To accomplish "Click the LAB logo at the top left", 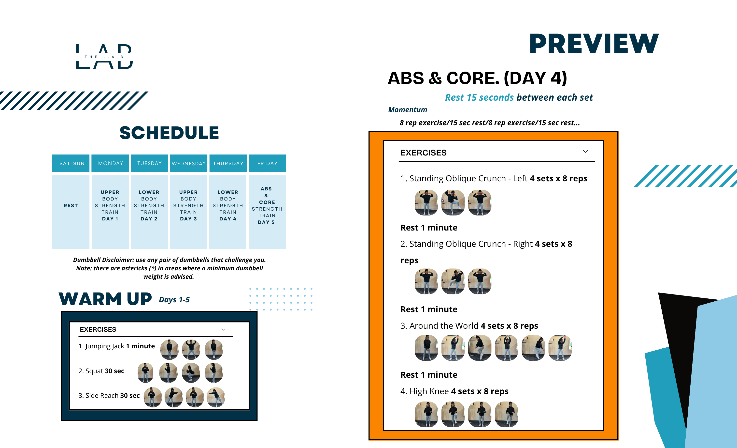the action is tap(104, 57).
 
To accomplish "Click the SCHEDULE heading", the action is tap(169, 133).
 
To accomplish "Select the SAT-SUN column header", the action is tap(71, 163).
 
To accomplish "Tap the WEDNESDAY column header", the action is tap(189, 163).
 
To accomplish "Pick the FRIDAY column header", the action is tap(267, 163).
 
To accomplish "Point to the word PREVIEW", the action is tap(594, 44).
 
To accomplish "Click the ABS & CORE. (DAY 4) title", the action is tap(477, 78).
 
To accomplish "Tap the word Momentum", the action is tap(408, 110).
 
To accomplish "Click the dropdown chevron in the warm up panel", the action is tap(223, 330).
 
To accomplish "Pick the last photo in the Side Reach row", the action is tap(216, 397).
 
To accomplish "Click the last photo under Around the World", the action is tap(560, 348).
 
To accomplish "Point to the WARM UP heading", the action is tap(105, 299).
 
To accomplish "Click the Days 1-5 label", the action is tap(174, 300).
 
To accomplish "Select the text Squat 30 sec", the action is tap(101, 371).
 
